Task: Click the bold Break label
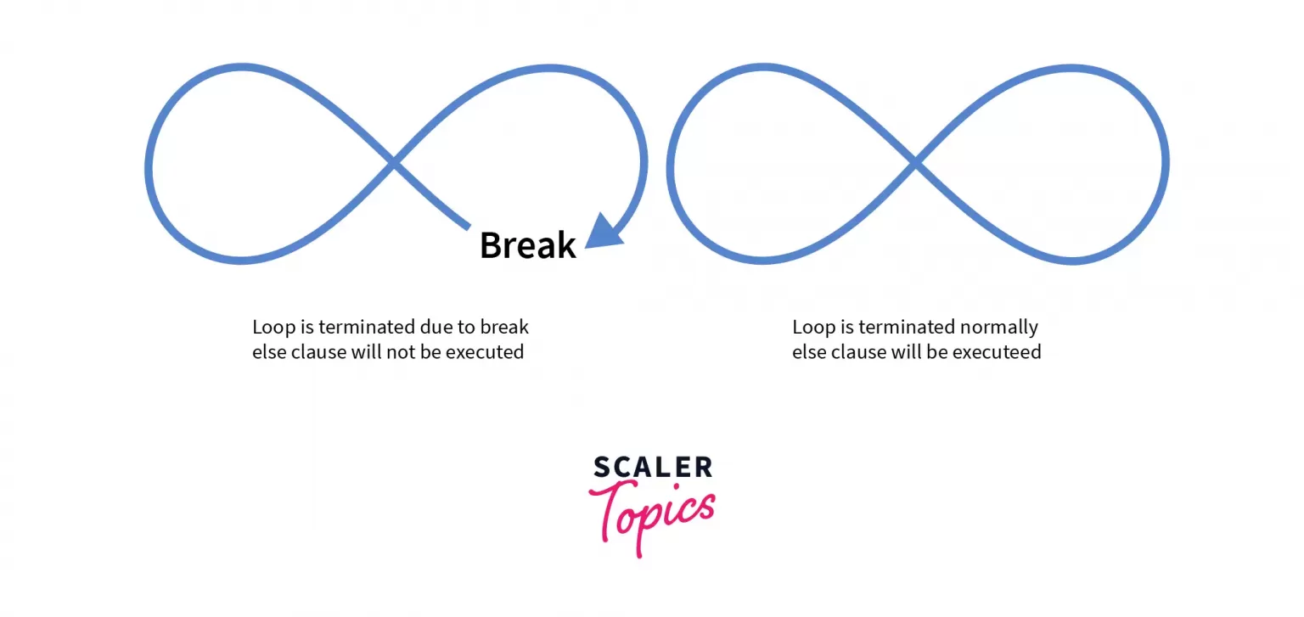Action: click(x=527, y=245)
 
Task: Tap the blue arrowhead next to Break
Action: click(x=603, y=232)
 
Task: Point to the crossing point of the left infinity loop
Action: click(x=394, y=162)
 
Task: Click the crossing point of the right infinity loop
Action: click(x=914, y=162)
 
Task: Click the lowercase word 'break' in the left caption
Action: click(x=504, y=327)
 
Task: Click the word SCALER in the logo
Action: click(x=653, y=467)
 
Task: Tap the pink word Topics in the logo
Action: click(x=652, y=516)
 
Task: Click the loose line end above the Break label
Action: click(x=468, y=227)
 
